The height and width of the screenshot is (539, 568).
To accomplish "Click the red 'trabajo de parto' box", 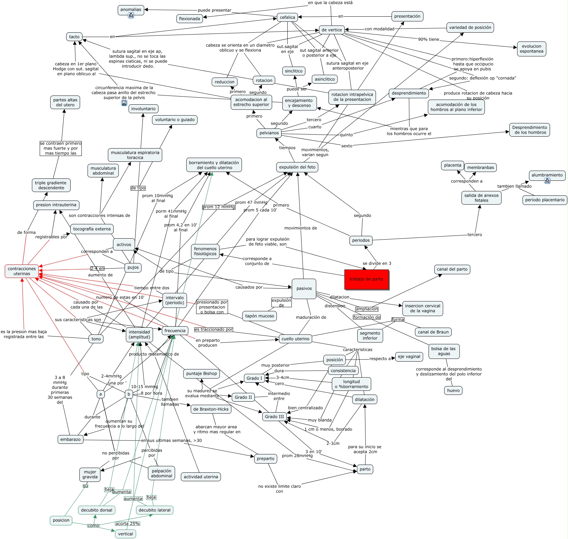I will (366, 279).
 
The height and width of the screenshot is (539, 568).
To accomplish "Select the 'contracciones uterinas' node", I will (22, 271).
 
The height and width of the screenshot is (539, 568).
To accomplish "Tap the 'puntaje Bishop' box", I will (202, 373).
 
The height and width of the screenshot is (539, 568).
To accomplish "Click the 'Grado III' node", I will (274, 417).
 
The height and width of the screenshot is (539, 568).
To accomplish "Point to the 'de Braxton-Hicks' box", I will (211, 409).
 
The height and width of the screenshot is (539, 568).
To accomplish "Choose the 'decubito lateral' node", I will (154, 510).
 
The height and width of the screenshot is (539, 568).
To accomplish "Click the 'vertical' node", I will (126, 534).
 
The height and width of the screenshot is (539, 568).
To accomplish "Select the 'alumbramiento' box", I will (547, 175).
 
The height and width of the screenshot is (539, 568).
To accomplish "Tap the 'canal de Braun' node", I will (433, 332).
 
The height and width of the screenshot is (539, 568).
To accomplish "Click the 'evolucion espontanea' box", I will (531, 49).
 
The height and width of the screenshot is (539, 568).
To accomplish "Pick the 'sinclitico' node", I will (294, 71).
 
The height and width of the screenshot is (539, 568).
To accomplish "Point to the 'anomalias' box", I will (131, 10).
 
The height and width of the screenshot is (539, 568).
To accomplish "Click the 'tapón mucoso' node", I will (260, 316).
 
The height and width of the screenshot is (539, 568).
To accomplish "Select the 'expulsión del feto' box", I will (297, 167).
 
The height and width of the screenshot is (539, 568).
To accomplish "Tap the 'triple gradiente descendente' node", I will (51, 185).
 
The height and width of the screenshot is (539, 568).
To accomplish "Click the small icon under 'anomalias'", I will (131, 16).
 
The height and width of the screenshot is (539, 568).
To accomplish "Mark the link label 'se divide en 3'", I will (377, 263).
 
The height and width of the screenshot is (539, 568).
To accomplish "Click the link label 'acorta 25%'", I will (127, 524).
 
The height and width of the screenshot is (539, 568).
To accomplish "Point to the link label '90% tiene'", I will (428, 39).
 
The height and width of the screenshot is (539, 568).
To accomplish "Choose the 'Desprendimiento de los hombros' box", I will (529, 130).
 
